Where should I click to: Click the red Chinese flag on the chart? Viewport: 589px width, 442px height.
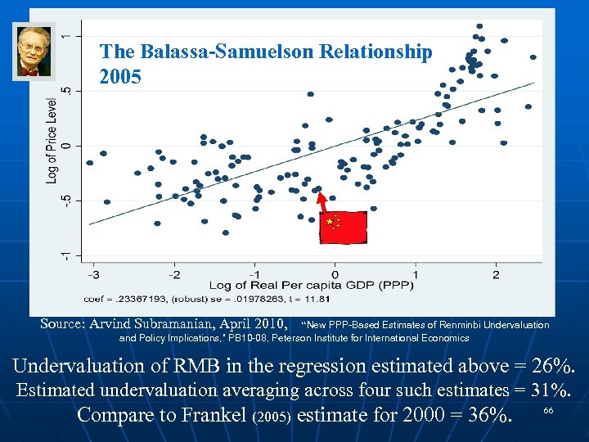pyautogui.click(x=343, y=227)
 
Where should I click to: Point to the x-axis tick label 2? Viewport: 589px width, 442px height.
pyautogui.click(x=496, y=273)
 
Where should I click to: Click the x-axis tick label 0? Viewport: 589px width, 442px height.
pyautogui.click(x=335, y=273)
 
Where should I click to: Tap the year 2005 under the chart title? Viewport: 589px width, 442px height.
pyautogui.click(x=120, y=78)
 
